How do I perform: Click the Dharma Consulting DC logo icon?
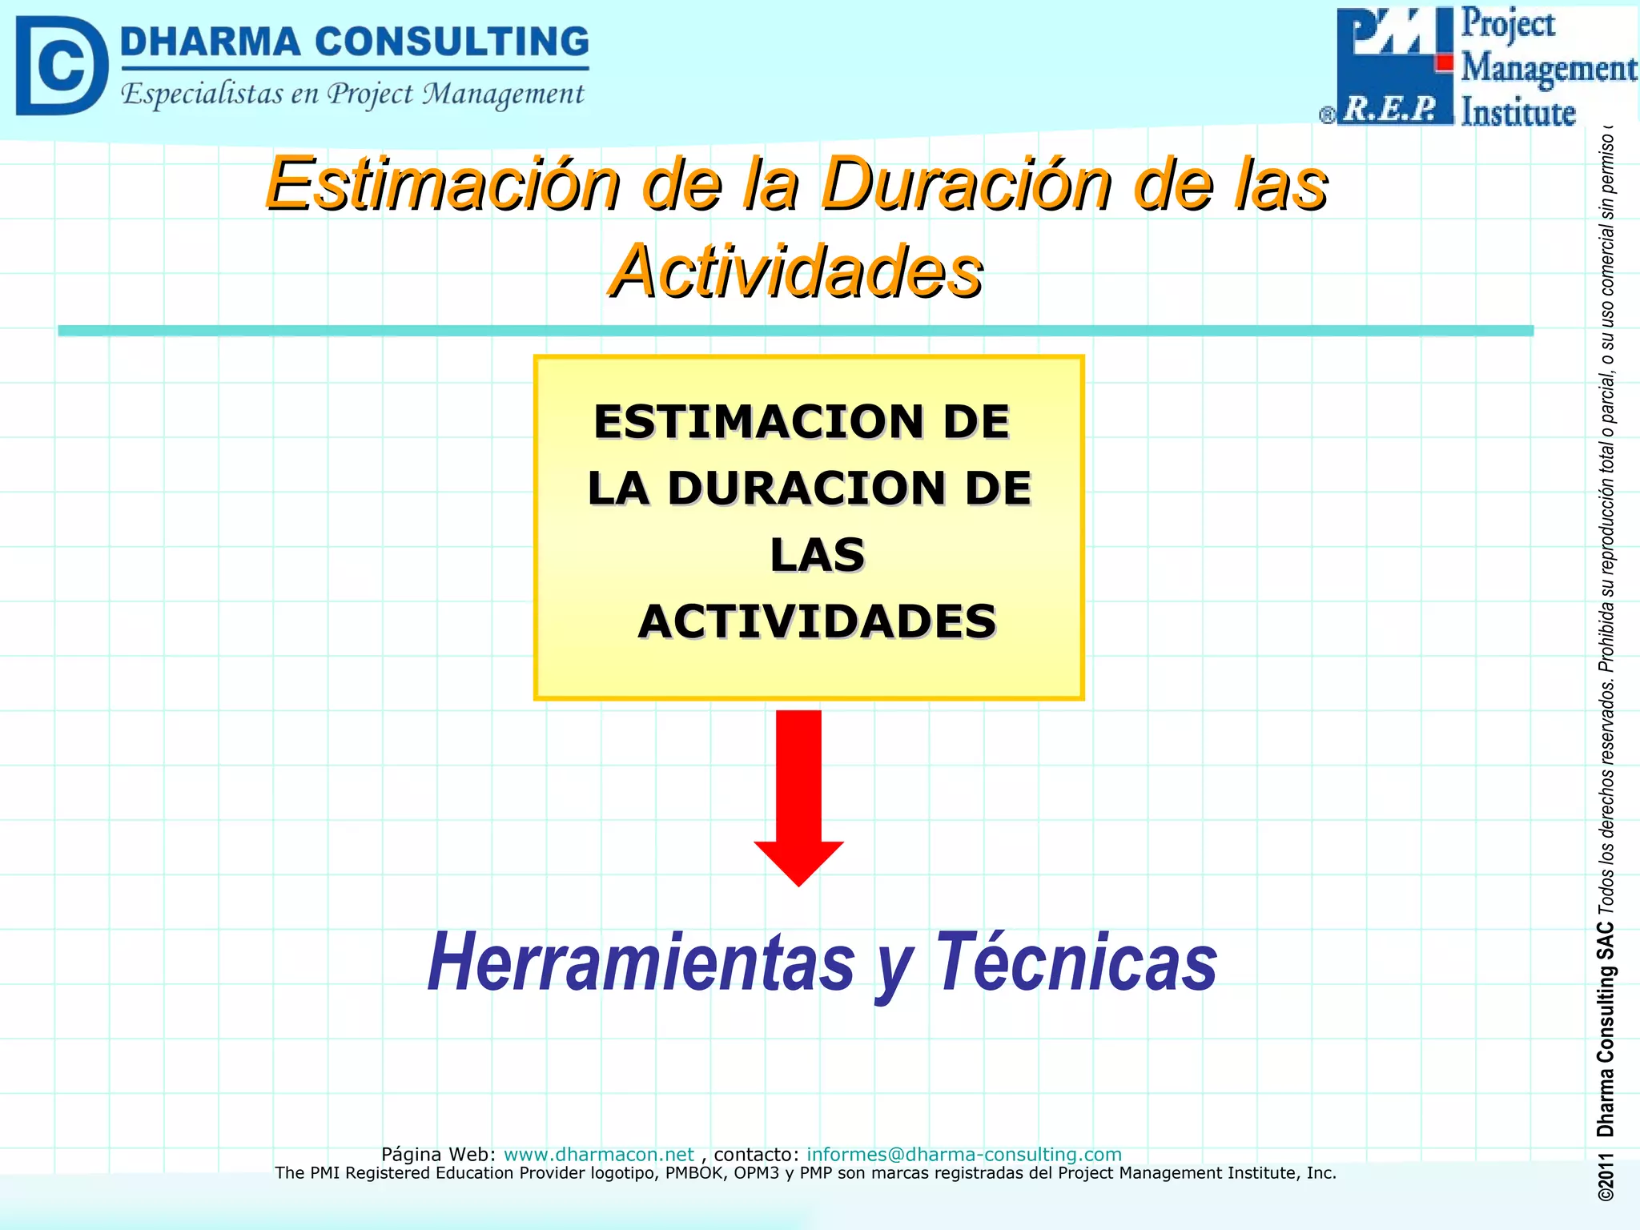61,66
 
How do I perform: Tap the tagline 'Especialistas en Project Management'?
352,94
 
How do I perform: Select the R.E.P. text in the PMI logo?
1390,109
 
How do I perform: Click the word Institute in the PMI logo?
1517,113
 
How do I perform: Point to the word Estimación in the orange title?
443,184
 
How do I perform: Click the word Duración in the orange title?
967,184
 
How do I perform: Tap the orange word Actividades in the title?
796,272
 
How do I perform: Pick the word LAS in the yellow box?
817,555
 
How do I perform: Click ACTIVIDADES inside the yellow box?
817,621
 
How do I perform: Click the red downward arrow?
798,793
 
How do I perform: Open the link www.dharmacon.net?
598,1154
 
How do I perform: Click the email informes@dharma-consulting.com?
963,1154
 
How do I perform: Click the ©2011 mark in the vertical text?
1606,1178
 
